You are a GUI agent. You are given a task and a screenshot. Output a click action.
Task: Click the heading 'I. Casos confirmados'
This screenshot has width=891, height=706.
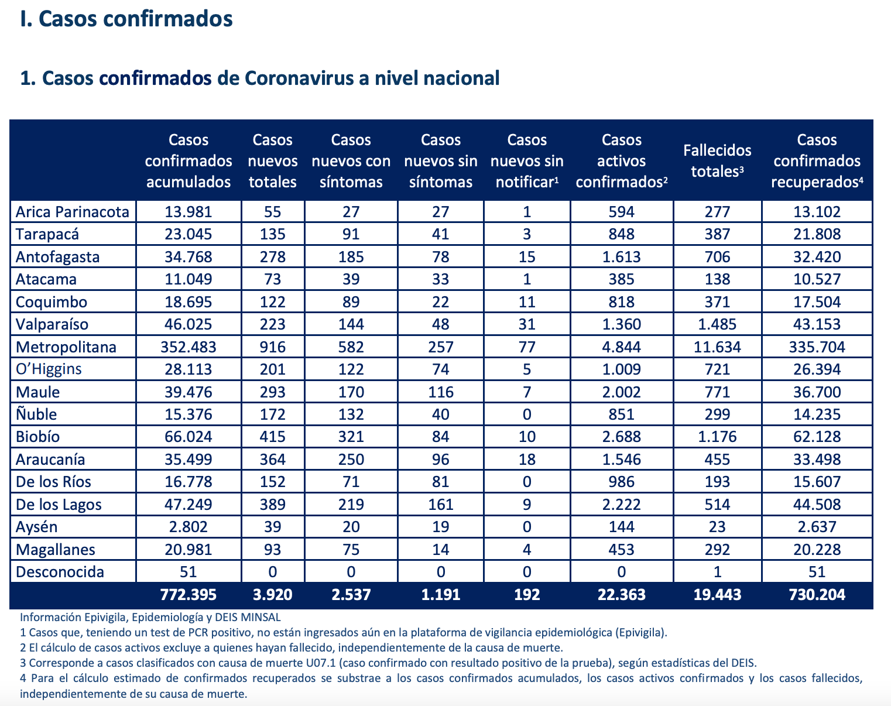pos(126,19)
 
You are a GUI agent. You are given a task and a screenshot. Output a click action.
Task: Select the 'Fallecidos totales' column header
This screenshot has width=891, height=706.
pos(717,160)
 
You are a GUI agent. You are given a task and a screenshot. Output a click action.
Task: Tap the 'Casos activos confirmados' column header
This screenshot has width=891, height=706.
pos(622,160)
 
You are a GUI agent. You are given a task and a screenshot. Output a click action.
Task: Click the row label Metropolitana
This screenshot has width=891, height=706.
pos(66,347)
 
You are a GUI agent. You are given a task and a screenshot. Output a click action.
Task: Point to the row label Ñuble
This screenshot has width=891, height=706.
pos(36,414)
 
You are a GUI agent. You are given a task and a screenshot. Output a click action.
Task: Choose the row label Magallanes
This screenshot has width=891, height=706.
pos(56,550)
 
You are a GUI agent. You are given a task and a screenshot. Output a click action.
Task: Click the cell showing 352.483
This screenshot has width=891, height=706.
pos(189,347)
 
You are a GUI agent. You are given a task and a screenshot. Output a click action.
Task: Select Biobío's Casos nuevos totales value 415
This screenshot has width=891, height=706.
pos(272,437)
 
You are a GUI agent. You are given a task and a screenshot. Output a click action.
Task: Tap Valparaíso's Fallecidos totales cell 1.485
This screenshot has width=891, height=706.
pos(717,324)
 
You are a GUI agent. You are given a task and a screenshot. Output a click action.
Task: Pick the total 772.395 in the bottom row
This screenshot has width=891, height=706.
pos(189,595)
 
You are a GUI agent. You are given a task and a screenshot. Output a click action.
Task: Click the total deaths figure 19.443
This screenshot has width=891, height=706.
pos(717,595)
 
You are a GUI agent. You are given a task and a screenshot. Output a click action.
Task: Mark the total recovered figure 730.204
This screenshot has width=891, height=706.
pos(817,595)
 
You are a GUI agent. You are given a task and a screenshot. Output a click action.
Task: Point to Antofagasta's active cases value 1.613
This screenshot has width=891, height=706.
pos(622,257)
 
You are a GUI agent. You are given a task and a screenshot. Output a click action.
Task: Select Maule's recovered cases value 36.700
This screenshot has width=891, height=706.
pos(817,392)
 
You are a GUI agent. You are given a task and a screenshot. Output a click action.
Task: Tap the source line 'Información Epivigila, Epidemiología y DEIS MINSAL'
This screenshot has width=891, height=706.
pos(150,618)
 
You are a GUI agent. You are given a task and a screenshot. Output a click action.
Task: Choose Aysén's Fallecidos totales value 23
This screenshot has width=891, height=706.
pos(717,527)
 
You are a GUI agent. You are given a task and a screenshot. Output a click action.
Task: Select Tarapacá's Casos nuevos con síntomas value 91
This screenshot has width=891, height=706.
pos(351,234)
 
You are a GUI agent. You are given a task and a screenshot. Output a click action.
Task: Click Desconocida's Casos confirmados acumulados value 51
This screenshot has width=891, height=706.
pos(189,573)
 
